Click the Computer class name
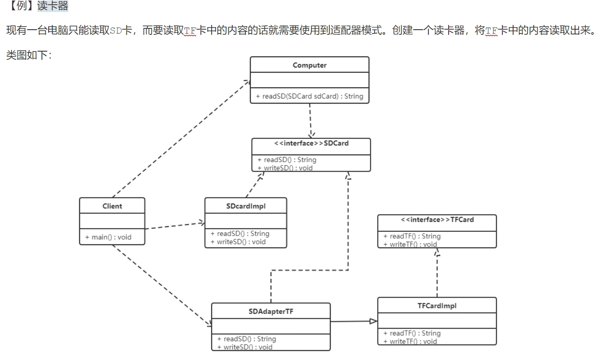pos(309,65)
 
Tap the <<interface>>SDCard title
pos(311,143)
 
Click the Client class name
pos(112,206)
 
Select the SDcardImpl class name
pos(246,206)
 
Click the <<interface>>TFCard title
pos(437,220)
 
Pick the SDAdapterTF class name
pos(271,311)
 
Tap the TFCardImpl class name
pos(437,306)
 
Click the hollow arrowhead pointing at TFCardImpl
pos(373,321)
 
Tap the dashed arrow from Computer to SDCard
pos(311,120)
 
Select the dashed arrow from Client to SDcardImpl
pos(174,226)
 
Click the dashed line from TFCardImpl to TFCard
pos(437,275)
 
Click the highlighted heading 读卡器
pos(53,6)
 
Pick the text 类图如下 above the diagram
pos(26,55)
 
